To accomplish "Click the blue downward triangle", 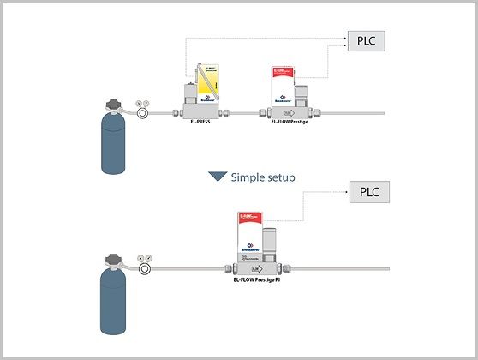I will [218, 177].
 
